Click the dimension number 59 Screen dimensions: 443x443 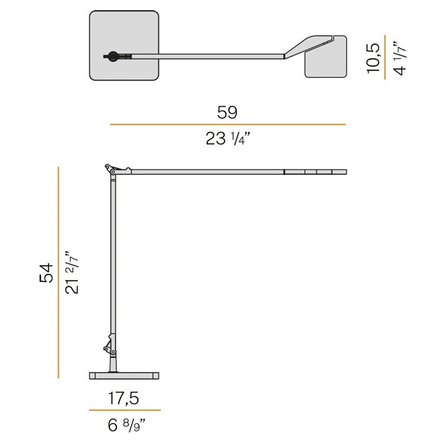227,112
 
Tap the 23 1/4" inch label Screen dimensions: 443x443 228,138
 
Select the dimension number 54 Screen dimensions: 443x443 46,273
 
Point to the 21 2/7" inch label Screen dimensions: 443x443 71,272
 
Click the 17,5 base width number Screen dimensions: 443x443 124,398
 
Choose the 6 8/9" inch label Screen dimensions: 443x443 126,425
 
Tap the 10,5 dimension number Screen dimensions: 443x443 373,58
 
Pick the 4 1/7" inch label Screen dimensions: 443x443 399,58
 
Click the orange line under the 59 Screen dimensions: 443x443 228,124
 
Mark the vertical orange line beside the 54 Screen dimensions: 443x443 58,272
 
